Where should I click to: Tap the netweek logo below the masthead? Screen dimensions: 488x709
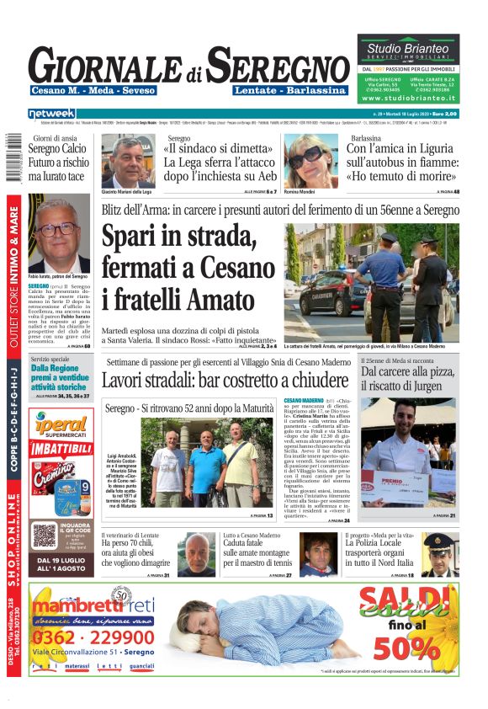(x=52, y=113)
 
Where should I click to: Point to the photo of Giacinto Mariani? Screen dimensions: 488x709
(x=131, y=160)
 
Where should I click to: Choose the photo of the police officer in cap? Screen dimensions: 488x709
(x=438, y=554)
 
